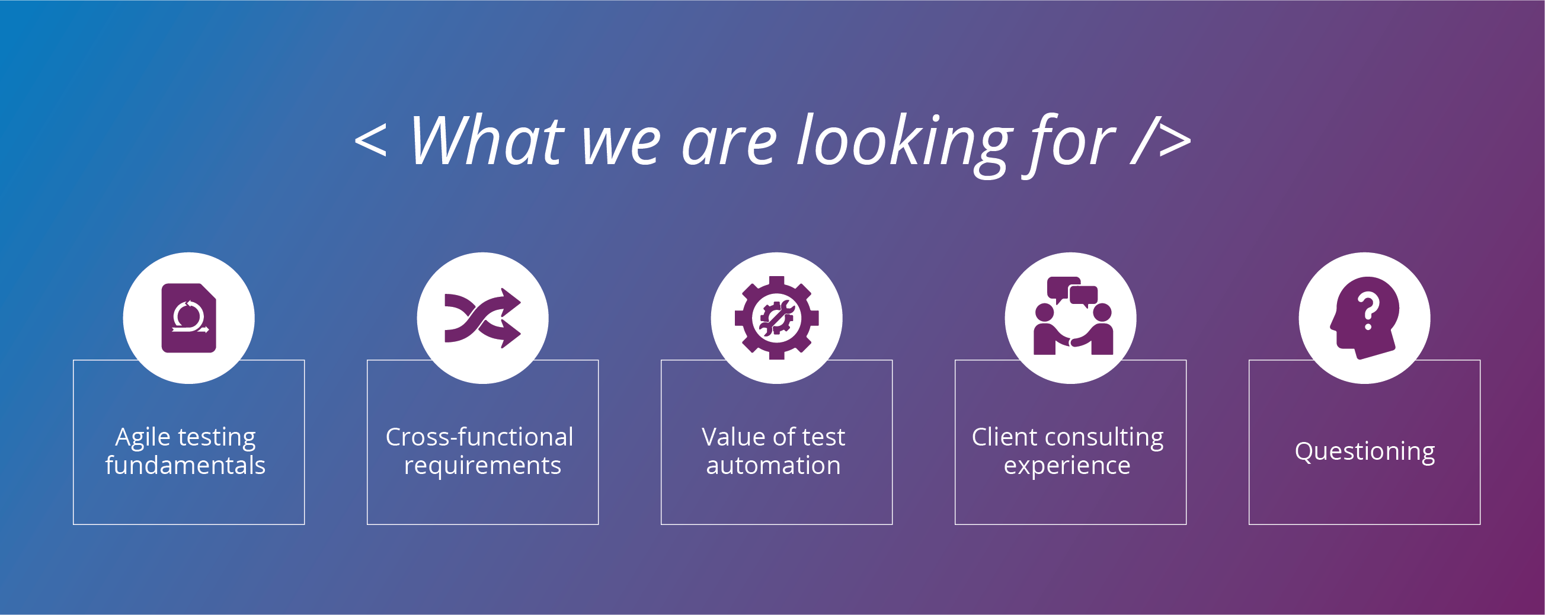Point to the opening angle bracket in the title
[370, 142]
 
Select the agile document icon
[189, 318]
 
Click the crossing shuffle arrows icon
[483, 318]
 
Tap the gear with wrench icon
[777, 318]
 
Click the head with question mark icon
[1364, 318]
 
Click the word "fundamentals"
[185, 465]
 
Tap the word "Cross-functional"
[479, 437]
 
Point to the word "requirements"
[483, 466]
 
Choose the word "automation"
[774, 466]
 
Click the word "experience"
[1067, 466]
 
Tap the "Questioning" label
[1365, 451]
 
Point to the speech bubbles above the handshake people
[1073, 292]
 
